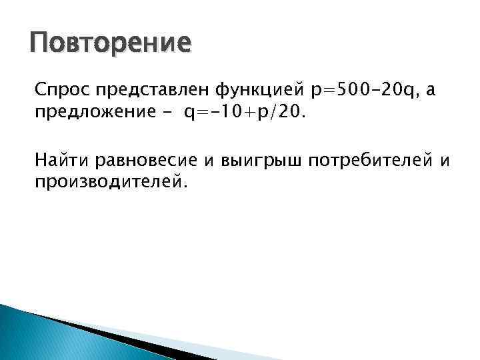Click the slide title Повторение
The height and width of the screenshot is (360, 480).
[110, 44]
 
